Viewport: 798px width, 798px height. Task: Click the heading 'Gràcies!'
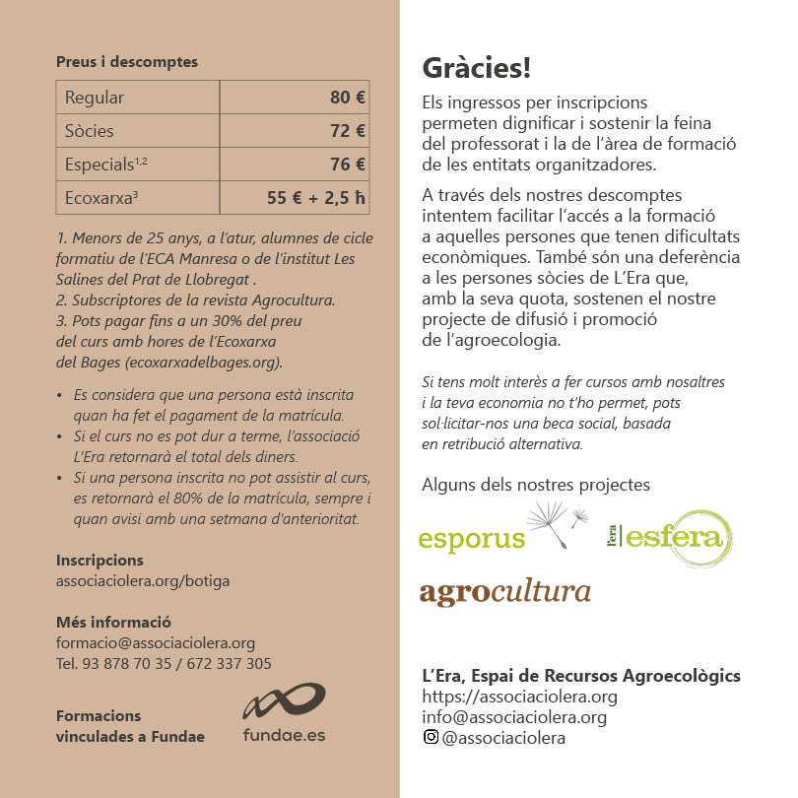pyautogui.click(x=476, y=68)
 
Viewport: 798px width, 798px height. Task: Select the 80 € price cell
pyautogui.click(x=347, y=98)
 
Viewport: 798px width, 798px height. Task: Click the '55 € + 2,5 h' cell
pyautogui.click(x=315, y=198)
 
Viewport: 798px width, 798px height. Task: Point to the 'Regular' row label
pyautogui.click(x=95, y=98)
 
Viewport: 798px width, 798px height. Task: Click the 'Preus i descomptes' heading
pyautogui.click(x=127, y=61)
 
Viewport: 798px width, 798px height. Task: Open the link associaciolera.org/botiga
pyautogui.click(x=143, y=581)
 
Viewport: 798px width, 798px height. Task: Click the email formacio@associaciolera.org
pyautogui.click(x=156, y=643)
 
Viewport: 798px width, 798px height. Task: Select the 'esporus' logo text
pyautogui.click(x=471, y=541)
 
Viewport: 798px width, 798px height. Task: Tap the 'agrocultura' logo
pyautogui.click(x=504, y=592)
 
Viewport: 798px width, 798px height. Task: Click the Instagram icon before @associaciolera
pyautogui.click(x=430, y=738)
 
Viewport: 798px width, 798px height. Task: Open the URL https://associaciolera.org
pyautogui.click(x=519, y=697)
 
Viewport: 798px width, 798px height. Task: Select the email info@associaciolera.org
pyautogui.click(x=513, y=717)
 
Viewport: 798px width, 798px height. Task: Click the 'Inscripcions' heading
pyautogui.click(x=100, y=560)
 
